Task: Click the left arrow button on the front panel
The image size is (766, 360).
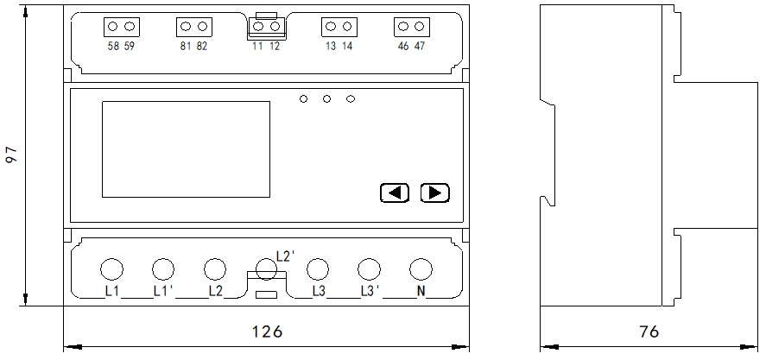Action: [395, 193]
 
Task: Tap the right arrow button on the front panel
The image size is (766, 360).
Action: [434, 193]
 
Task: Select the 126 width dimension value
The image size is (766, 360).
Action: [267, 332]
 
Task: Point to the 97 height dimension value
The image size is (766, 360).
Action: [12, 155]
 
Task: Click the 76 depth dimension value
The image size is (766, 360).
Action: [649, 332]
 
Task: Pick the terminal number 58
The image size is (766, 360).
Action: [113, 47]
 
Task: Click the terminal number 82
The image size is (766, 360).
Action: [202, 47]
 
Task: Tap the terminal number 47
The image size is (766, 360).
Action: [420, 47]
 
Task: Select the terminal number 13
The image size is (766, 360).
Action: [331, 47]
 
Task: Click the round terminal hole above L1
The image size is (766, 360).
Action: [111, 269]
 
